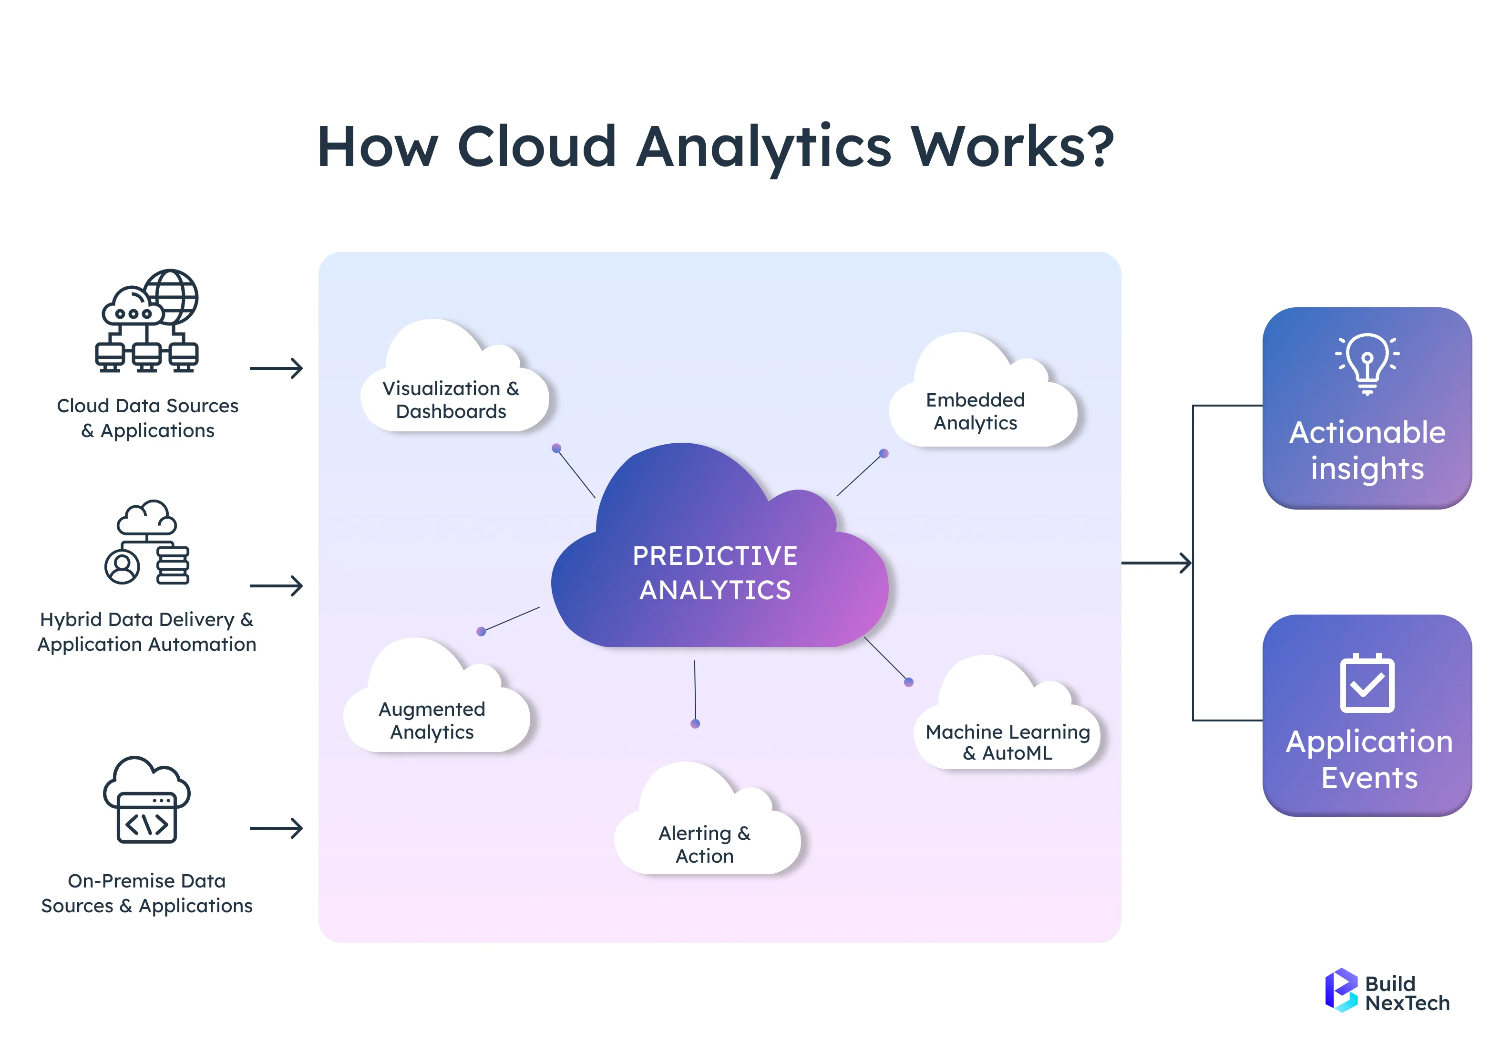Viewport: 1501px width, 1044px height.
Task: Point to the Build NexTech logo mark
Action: [x=1341, y=990]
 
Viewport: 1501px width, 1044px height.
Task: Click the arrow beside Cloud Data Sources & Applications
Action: [x=277, y=368]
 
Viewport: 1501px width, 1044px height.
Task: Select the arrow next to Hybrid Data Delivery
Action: [x=277, y=585]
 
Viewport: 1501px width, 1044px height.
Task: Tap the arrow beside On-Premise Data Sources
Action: [x=277, y=828]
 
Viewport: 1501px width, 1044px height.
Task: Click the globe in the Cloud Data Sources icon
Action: [x=171, y=296]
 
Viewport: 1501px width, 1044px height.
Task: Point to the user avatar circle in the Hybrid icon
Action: [x=122, y=566]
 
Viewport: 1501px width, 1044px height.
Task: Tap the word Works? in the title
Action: [x=1013, y=146]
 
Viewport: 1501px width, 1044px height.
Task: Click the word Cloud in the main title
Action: [x=537, y=146]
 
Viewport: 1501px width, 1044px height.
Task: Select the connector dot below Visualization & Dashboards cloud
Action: [x=556, y=448]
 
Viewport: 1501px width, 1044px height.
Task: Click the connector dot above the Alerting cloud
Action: [x=695, y=723]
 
